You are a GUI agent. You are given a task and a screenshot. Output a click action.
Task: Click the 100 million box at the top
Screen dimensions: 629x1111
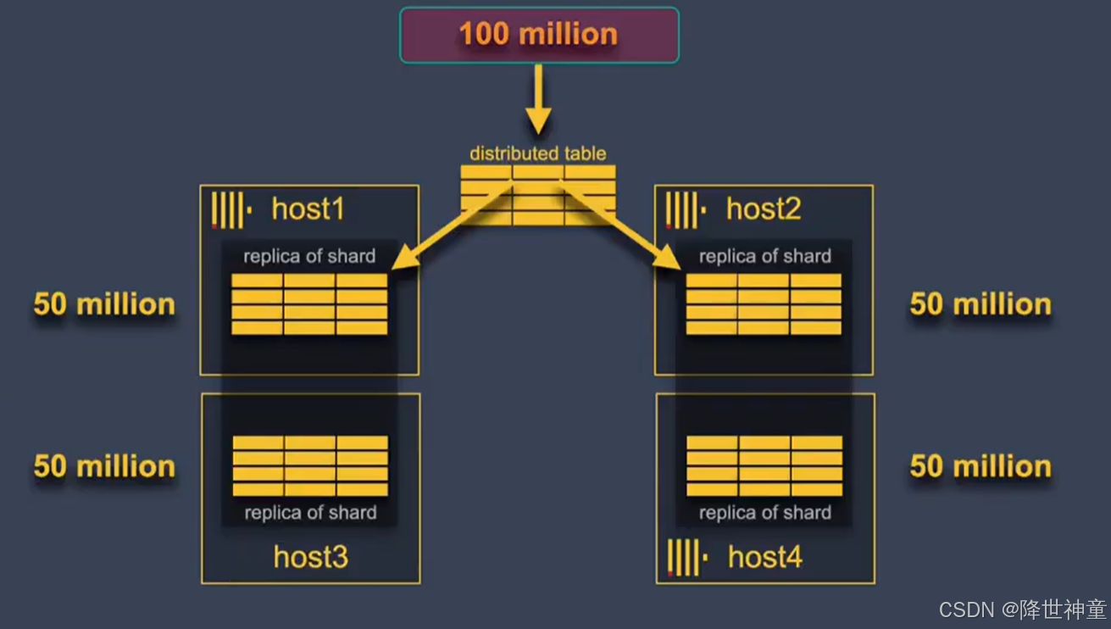pyautogui.click(x=539, y=35)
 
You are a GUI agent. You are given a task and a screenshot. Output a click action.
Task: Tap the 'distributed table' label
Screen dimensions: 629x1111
pyautogui.click(x=538, y=153)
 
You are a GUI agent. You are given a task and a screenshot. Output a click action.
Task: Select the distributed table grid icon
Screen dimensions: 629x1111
pyautogui.click(x=538, y=194)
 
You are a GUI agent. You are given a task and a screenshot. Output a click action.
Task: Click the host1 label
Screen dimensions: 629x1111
pyautogui.click(x=308, y=209)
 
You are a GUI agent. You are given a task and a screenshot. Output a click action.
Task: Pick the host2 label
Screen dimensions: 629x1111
pyautogui.click(x=763, y=209)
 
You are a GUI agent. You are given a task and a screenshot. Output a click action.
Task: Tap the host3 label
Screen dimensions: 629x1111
pyautogui.click(x=310, y=557)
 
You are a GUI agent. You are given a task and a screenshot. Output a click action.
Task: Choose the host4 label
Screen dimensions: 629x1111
pyautogui.click(x=764, y=557)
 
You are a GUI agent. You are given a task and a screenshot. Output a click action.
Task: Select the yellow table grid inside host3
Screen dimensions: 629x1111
pyautogui.click(x=310, y=465)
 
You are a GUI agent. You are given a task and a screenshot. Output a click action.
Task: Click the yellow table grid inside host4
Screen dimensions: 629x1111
pyautogui.click(x=764, y=465)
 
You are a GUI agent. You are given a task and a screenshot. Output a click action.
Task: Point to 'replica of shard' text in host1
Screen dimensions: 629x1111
pyautogui.click(x=309, y=256)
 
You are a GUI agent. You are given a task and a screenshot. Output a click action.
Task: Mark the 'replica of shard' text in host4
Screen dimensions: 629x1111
pyautogui.click(x=764, y=513)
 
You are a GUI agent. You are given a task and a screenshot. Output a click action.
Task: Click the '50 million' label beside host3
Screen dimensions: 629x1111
pyautogui.click(x=104, y=466)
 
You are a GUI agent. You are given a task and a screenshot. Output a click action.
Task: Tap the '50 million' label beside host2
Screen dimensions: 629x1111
pyautogui.click(x=980, y=304)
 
